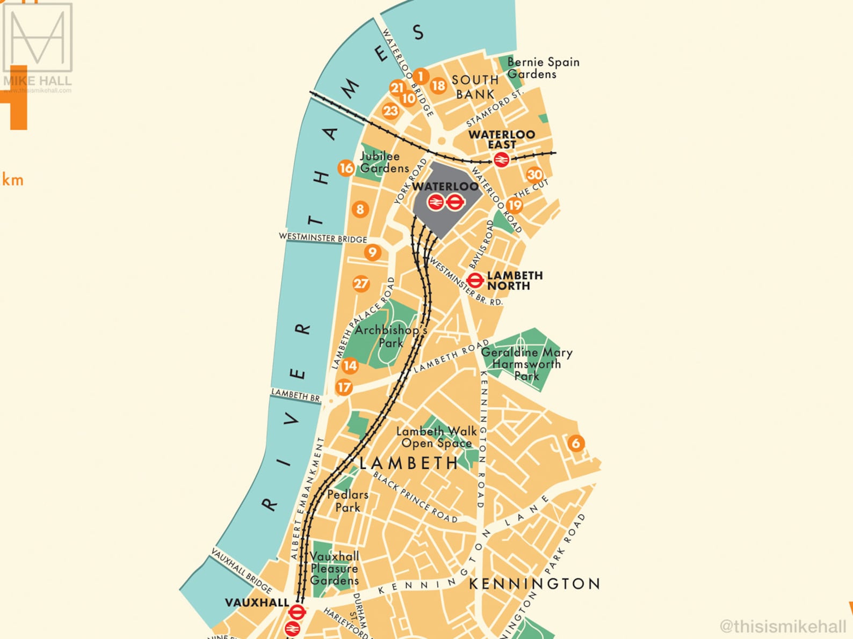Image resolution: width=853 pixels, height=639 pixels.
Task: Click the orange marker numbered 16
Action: coord(346,168)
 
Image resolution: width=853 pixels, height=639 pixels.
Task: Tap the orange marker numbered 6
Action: coord(576,443)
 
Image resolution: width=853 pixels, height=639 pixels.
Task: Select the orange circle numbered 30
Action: coord(534,174)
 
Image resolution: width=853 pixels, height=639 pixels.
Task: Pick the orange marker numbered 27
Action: coord(361,284)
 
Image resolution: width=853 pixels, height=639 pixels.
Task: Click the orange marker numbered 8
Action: coord(360,209)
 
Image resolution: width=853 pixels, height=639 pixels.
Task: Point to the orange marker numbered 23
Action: coord(391,111)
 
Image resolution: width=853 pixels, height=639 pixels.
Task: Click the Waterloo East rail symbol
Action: coord(501,159)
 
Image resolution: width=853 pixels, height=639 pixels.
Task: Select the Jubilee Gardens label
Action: coord(384,162)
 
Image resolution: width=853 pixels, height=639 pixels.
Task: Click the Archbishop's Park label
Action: coord(391,336)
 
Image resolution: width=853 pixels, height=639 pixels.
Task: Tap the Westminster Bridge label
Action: coord(323,238)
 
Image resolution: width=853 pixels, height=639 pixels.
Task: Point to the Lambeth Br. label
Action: coord(296,395)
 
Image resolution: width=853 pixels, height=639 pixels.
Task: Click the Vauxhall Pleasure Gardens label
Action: coord(334,568)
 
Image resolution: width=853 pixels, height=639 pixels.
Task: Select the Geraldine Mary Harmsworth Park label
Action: coord(526,364)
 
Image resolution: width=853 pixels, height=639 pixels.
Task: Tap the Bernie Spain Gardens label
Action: coord(543,68)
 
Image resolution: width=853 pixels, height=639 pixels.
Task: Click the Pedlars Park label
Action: coord(348,501)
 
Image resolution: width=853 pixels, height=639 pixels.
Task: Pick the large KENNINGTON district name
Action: coord(534,584)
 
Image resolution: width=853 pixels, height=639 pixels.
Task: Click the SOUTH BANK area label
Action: coord(475,87)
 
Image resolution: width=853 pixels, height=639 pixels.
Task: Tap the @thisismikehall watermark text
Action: coord(783,626)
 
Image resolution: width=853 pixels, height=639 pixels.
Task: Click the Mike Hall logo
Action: coord(38,46)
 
